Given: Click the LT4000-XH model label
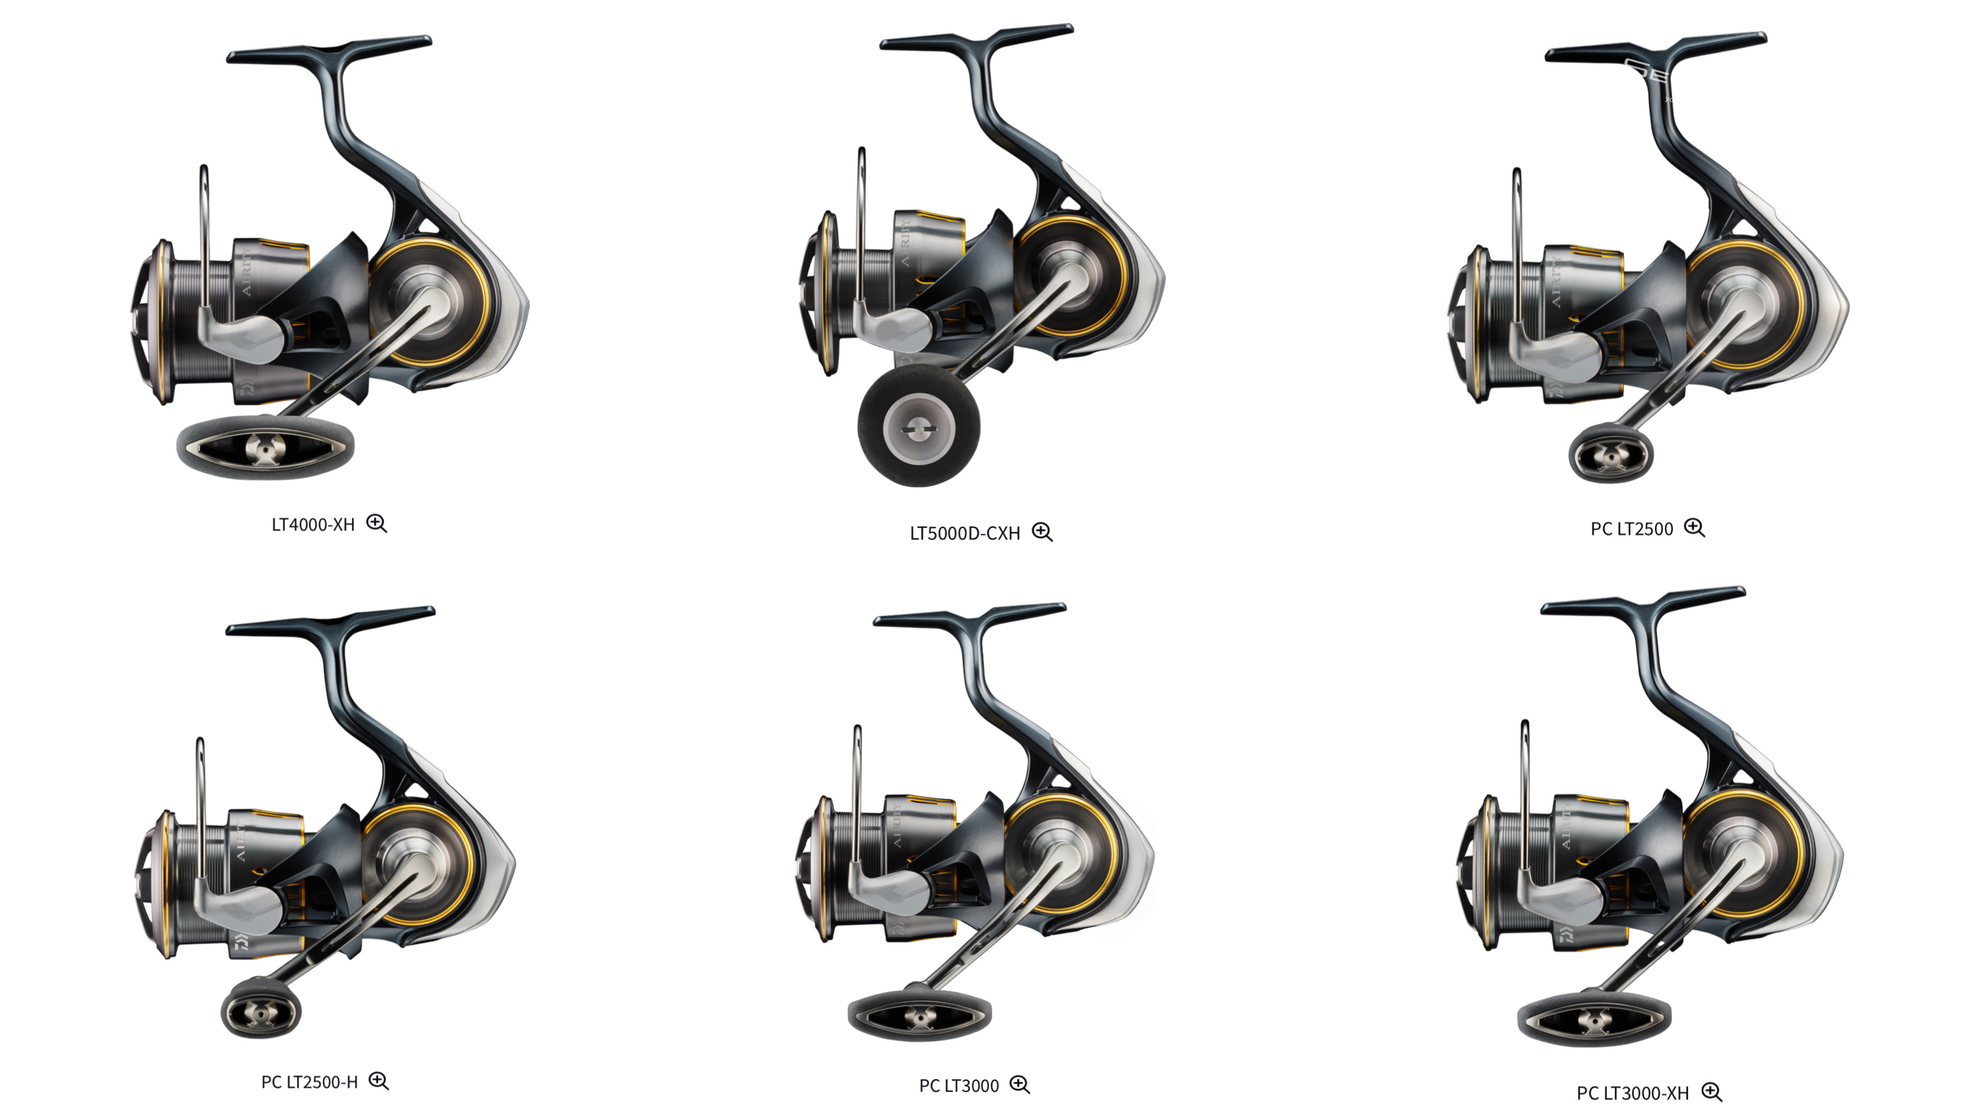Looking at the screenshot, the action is coord(313,524).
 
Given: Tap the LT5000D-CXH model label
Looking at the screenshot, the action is coord(964,533).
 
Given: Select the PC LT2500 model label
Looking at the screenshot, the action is coord(1631,529).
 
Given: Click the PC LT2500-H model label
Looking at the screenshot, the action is coord(309,1082).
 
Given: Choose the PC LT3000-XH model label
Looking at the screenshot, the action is coord(1632,1093).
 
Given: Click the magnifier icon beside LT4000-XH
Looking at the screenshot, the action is coord(377,524).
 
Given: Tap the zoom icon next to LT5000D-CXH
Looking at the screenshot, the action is coord(1042,532).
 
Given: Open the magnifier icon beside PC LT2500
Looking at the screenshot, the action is coord(1695,529).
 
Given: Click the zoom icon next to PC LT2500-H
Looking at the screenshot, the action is coord(378,1081).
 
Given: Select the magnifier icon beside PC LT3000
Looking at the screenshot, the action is coord(1020,1085).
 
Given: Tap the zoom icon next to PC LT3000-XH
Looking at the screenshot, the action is coord(1711,1092).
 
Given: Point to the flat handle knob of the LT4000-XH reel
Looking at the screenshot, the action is coord(266,447).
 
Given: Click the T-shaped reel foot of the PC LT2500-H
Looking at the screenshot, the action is coord(331,620).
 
